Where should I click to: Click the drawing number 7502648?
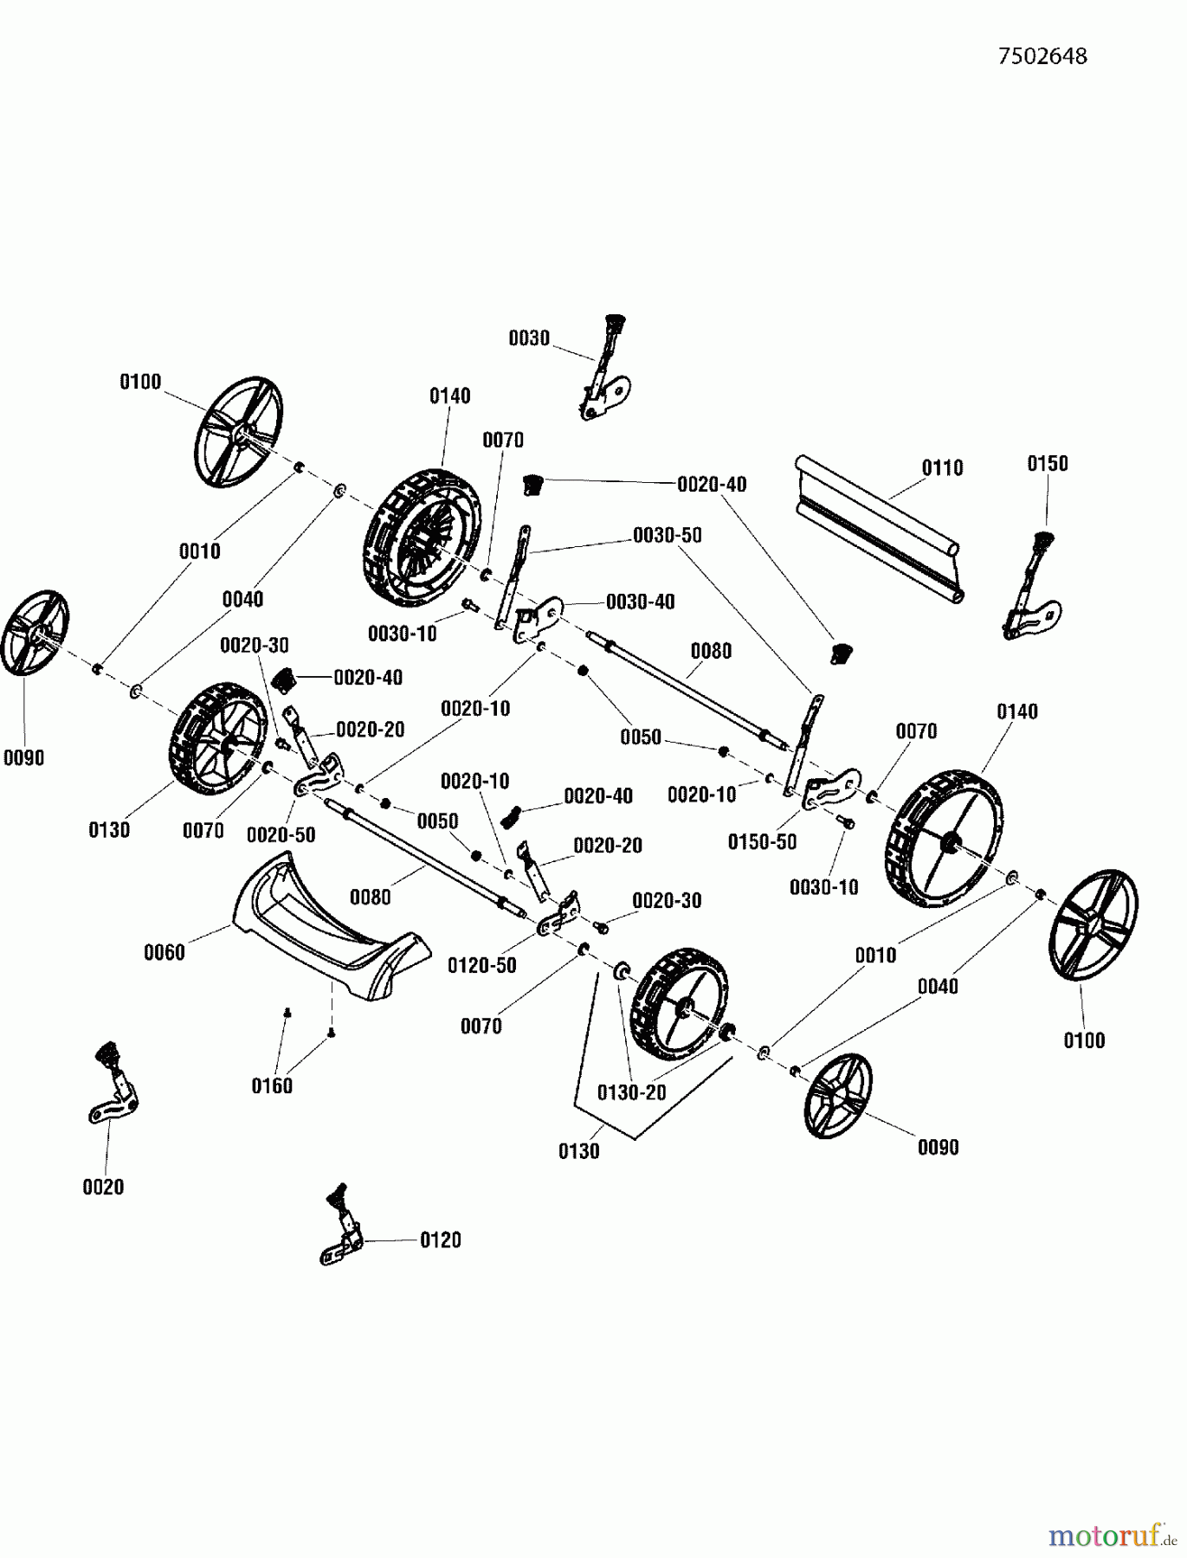coord(1042,56)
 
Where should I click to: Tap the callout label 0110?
coord(942,468)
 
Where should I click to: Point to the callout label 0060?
coord(164,953)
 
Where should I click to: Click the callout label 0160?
coord(272,1086)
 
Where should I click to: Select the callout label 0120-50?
coord(481,965)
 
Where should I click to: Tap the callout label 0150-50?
coord(762,842)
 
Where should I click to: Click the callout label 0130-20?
coord(631,1092)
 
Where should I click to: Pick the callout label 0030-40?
coord(640,602)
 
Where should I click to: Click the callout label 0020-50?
coord(281,835)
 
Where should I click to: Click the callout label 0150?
coord(1048,464)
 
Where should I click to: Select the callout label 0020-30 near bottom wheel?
coord(666,901)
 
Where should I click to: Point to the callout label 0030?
coord(529,338)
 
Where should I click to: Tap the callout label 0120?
coord(440,1240)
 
